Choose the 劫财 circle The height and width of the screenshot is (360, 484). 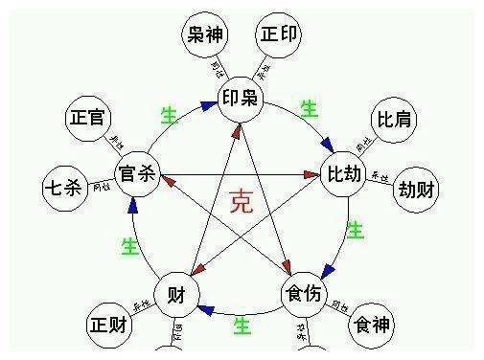417,189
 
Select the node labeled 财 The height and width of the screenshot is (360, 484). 175,291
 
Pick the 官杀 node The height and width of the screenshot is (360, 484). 136,174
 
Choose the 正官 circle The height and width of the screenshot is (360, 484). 88,119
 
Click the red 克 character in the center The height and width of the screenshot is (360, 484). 242,202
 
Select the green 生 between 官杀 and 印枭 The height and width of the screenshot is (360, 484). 169,116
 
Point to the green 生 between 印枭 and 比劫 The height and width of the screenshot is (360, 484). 309,109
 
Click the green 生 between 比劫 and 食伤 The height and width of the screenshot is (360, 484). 356,231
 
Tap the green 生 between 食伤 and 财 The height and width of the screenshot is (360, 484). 242,326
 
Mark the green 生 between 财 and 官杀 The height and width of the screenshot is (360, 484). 129,246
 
